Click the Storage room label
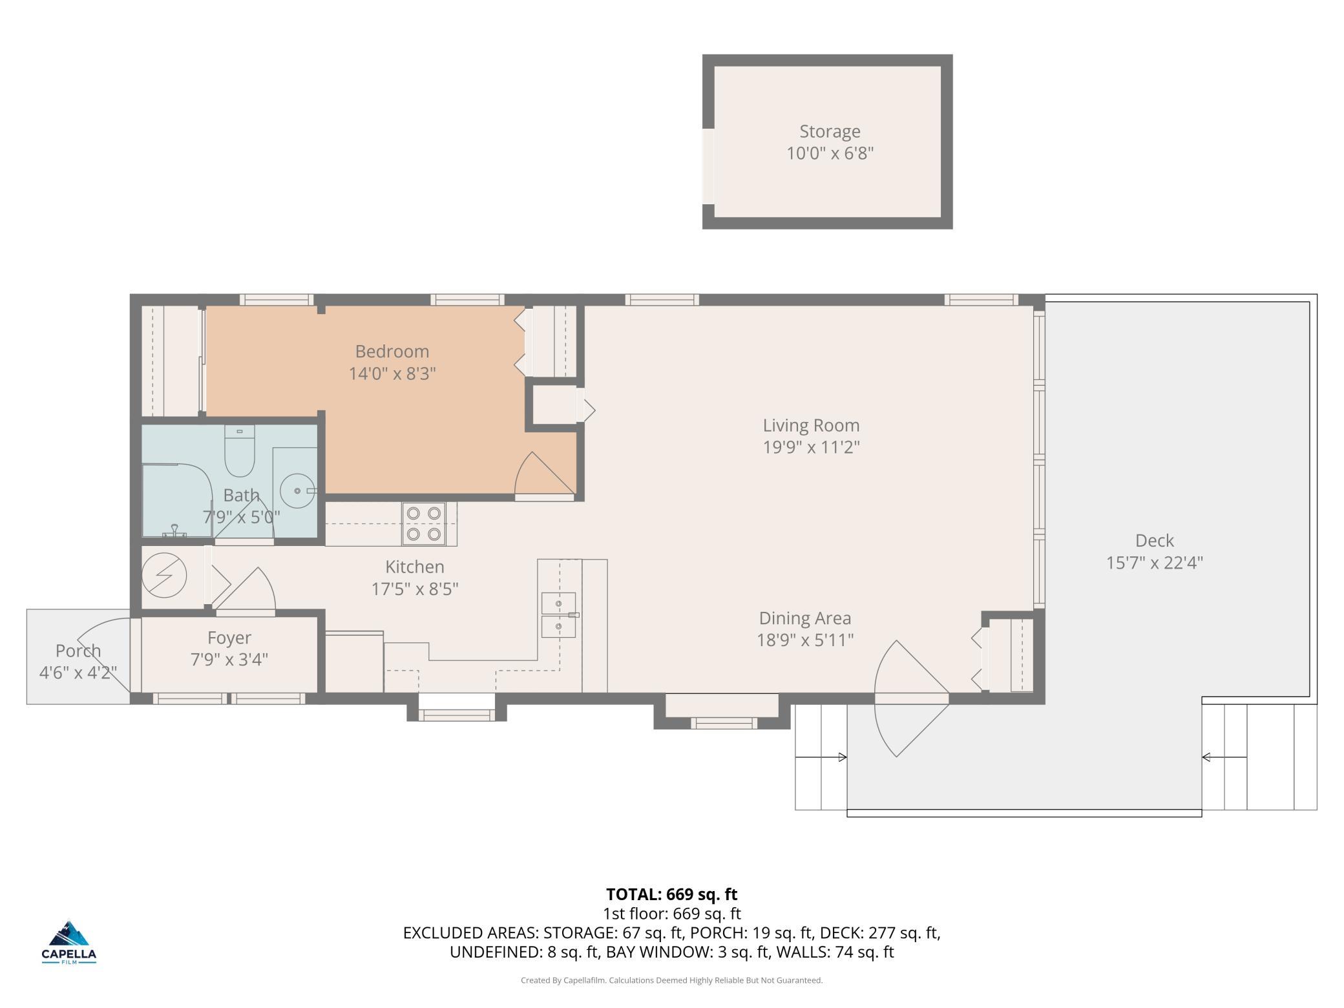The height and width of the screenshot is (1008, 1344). pos(830,131)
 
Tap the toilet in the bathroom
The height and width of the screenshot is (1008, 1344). pos(239,450)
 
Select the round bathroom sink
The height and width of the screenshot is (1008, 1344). pos(297,491)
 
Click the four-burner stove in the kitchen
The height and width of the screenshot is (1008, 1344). pos(424,523)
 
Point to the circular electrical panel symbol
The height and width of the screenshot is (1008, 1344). pos(164,575)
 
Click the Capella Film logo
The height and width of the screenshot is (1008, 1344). pos(69,942)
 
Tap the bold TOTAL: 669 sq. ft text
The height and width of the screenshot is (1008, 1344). pos(671,894)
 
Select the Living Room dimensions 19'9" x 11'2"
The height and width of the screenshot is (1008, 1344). pos(811,447)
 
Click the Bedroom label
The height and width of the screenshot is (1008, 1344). pos(392,352)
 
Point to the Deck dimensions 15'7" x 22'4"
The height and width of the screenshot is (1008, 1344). pos(1154,562)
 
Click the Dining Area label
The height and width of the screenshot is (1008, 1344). pos(804,618)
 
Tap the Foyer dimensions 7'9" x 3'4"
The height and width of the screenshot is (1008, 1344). pos(229,659)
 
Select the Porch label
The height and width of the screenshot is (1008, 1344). pos(78,651)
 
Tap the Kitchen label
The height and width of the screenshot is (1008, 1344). pos(415,567)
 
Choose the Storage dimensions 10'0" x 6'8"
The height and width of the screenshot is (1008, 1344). pos(830,154)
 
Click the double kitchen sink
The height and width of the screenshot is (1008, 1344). pos(558,614)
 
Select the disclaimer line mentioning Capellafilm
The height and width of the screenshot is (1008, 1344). pos(672,980)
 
